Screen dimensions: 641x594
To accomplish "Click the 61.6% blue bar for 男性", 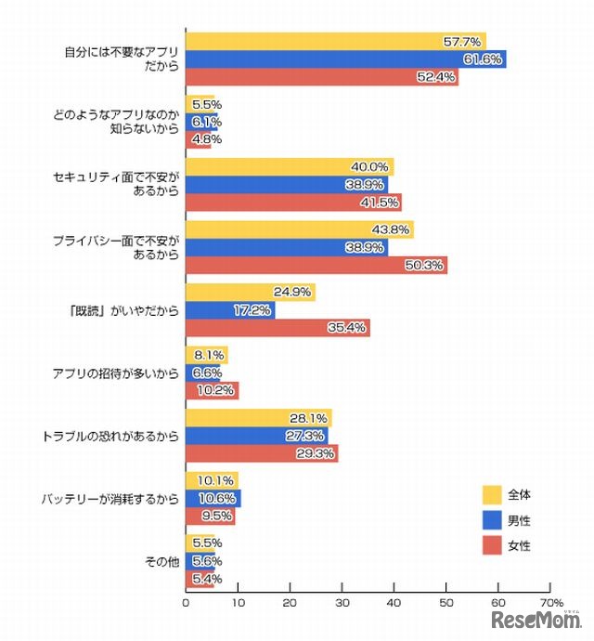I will click(x=345, y=59).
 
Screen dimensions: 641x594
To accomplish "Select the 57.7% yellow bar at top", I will click(x=335, y=42).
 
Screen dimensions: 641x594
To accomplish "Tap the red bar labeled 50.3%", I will click(x=316, y=266).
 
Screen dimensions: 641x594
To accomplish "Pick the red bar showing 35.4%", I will click(x=278, y=327).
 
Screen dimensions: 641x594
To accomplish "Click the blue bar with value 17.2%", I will click(x=230, y=309).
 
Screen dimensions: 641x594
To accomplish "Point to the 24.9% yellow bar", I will click(x=251, y=293).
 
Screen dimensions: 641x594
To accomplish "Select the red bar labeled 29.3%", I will click(x=262, y=453).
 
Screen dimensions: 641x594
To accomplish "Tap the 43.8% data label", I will click(x=394, y=229).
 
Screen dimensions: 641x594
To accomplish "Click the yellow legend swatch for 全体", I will click(x=493, y=494).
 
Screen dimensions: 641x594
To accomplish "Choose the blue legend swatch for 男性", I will click(x=493, y=520).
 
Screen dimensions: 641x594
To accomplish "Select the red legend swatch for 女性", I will click(x=493, y=545).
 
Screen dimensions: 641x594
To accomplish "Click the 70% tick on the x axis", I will click(x=550, y=602).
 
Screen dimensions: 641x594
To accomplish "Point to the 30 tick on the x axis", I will click(x=342, y=602).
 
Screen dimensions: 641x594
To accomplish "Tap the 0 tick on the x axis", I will click(x=187, y=602).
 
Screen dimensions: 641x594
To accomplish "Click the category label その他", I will click(x=162, y=561).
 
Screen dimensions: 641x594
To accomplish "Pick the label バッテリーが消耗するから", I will click(x=110, y=499).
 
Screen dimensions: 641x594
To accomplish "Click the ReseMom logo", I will click(x=536, y=620).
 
